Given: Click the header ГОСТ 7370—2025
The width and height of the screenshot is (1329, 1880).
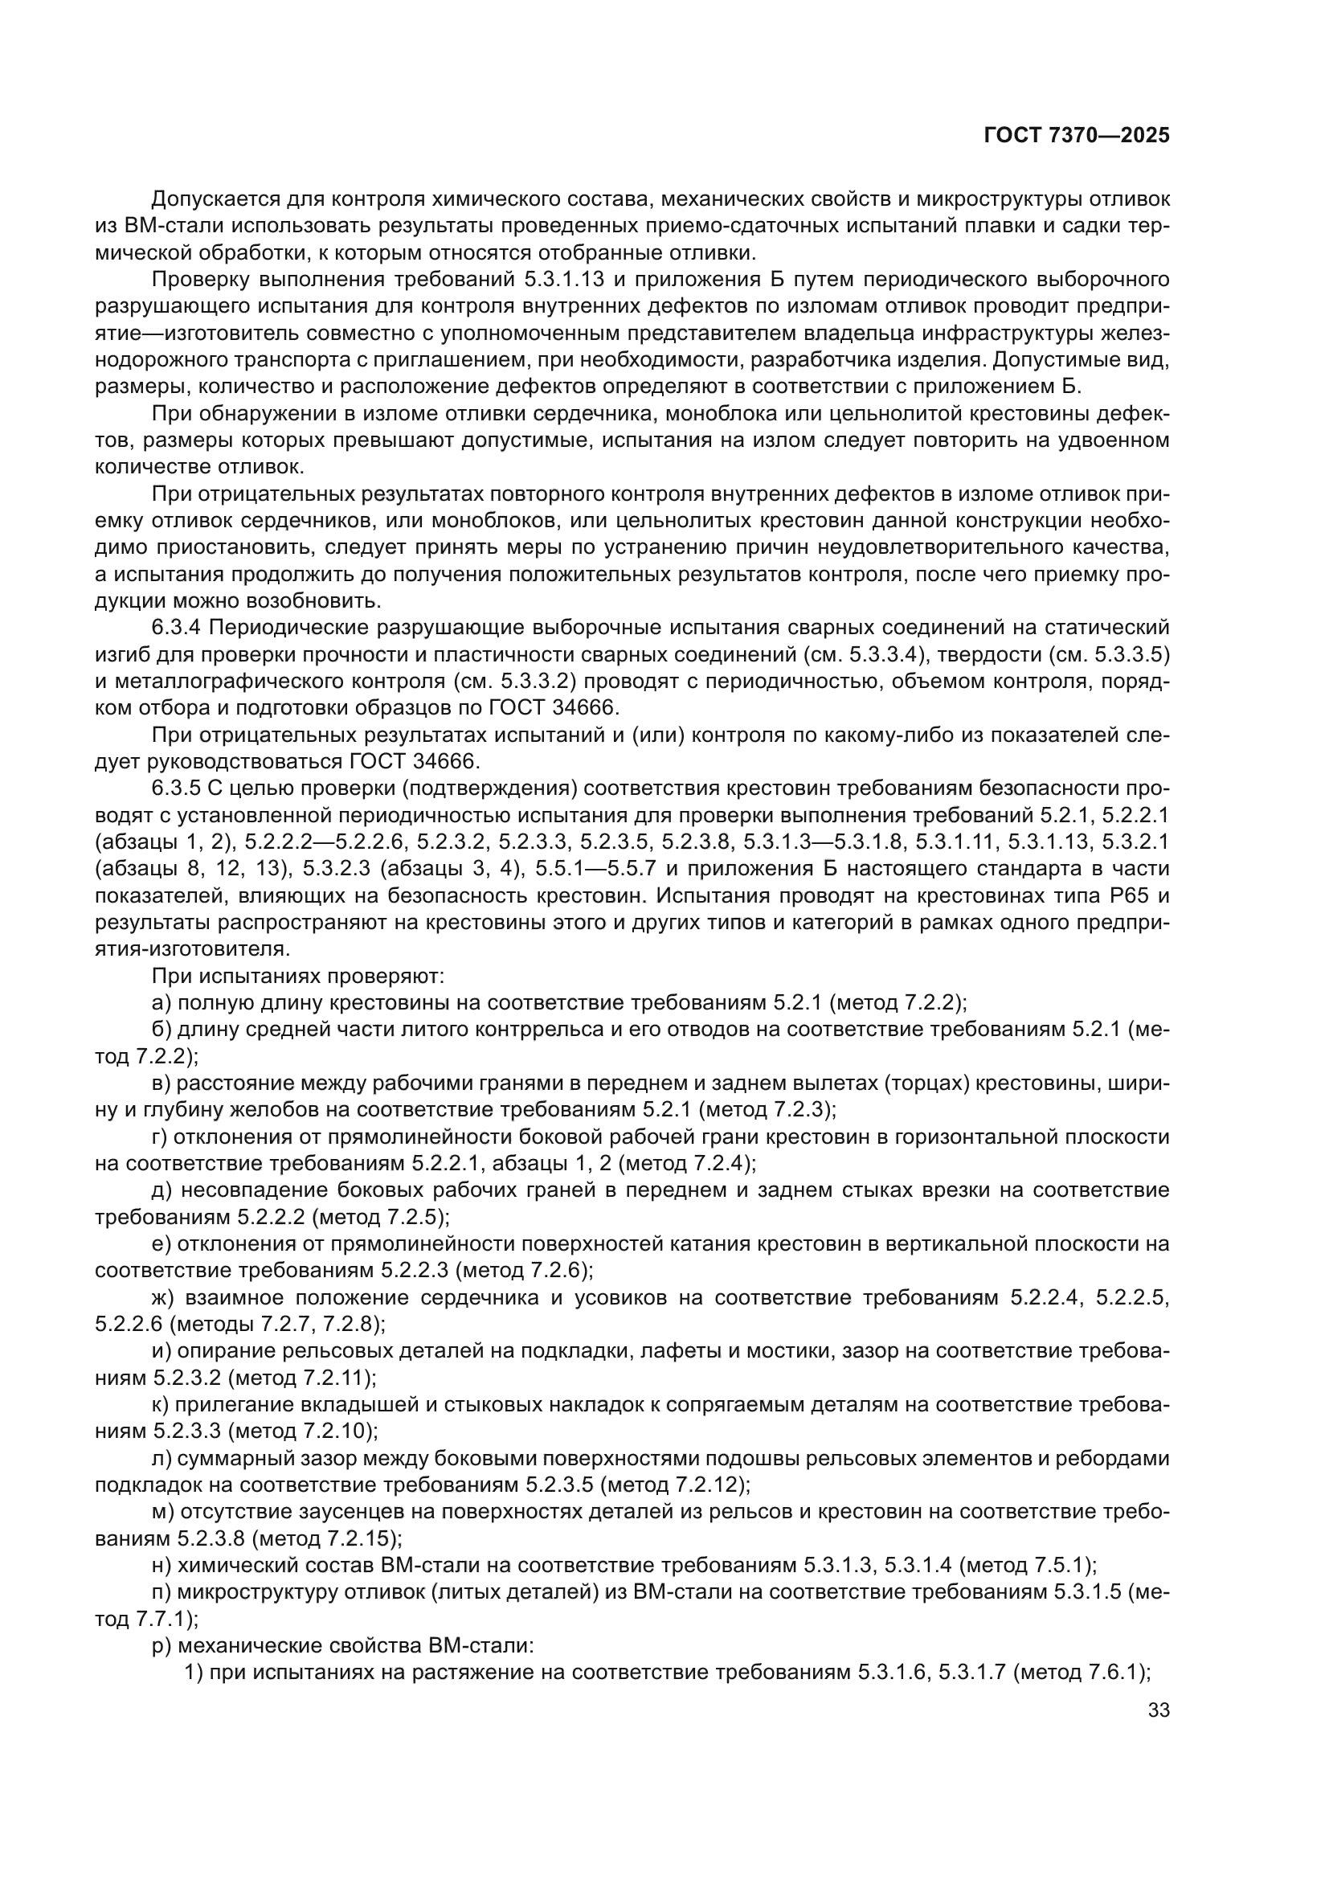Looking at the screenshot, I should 1076,136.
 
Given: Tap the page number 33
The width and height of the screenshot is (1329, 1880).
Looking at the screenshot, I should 1159,1710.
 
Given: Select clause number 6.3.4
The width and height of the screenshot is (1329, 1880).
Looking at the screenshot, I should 176,628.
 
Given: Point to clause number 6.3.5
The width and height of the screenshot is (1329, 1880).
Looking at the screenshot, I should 176,788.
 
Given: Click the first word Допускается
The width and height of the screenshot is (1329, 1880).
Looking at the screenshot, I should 216,199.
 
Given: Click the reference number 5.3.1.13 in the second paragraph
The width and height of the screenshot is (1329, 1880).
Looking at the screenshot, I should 564,279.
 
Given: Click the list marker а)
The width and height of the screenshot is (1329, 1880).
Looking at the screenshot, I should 162,1003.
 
